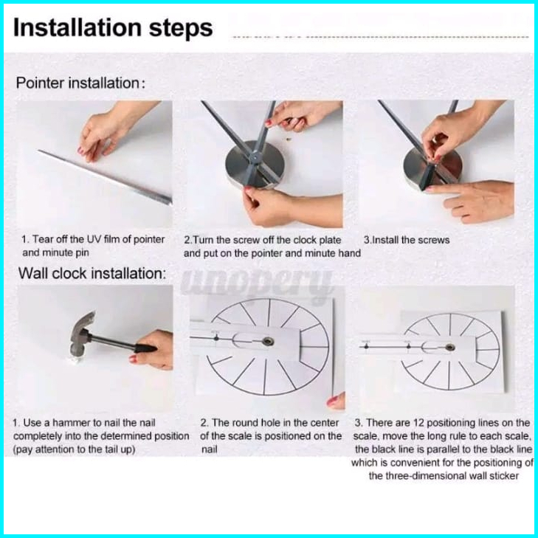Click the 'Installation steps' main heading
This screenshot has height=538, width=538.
click(113, 28)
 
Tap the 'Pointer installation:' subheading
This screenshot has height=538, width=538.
click(80, 83)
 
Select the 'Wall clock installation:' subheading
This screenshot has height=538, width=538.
click(92, 274)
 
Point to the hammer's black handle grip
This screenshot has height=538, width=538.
click(145, 348)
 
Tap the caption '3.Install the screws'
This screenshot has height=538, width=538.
click(407, 240)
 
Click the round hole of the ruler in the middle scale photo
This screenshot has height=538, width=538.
click(266, 341)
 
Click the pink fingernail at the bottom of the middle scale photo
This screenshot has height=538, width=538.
click(331, 401)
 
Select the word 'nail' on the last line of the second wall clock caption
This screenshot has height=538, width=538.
click(210, 449)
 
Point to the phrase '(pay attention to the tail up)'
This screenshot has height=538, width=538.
click(74, 449)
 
